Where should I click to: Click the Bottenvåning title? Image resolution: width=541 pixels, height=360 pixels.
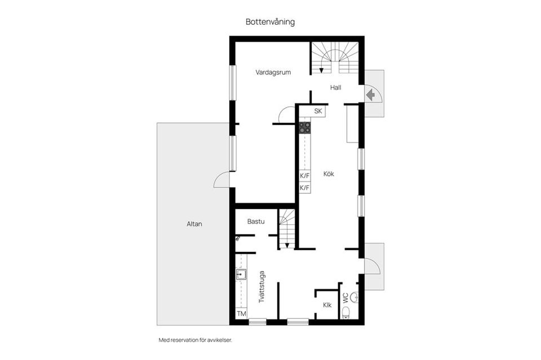tap(270, 22)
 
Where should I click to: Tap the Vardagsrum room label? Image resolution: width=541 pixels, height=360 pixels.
tap(273, 72)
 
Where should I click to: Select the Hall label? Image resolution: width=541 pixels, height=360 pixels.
tap(336, 87)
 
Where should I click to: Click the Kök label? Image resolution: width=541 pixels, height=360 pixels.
tap(329, 174)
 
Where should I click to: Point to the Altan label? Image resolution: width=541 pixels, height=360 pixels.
tap(194, 224)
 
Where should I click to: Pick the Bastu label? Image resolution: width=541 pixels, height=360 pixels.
tap(256, 221)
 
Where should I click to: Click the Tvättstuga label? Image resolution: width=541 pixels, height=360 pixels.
tap(262, 287)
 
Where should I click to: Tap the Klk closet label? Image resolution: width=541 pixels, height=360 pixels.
tap(327, 305)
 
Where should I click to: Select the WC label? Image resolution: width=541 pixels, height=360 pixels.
tap(345, 298)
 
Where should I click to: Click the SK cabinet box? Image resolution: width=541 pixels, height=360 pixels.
tap(318, 112)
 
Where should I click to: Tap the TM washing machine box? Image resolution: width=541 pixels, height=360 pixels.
tap(241, 313)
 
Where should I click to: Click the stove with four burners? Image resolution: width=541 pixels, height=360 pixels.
tap(304, 127)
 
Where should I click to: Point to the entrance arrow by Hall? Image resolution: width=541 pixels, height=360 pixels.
tap(370, 95)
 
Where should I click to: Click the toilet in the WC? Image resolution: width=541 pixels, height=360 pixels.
tap(346, 313)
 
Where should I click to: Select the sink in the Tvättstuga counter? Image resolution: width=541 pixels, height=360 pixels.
tap(241, 275)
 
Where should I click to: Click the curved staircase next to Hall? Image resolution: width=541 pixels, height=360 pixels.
tap(335, 58)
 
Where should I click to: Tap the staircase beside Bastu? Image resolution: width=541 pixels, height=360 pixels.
tap(287, 228)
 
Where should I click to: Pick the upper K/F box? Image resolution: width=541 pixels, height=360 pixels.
tap(304, 176)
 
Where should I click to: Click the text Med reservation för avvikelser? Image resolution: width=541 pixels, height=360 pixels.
tap(196, 340)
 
